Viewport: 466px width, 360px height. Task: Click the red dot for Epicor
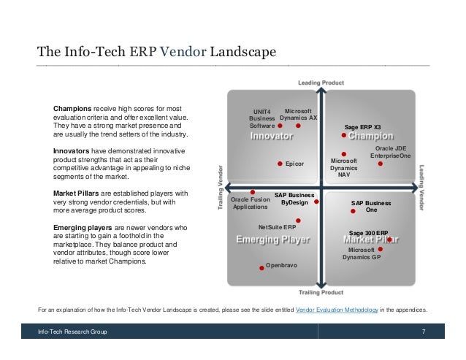(280, 164)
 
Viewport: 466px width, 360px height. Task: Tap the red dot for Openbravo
(262, 268)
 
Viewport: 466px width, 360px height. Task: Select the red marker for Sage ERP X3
(343, 135)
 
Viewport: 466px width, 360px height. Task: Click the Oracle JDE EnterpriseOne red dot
(381, 164)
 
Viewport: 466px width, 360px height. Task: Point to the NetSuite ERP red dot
(298, 219)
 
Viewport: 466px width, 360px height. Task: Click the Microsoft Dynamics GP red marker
(380, 249)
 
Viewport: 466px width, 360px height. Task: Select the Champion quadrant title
(371, 136)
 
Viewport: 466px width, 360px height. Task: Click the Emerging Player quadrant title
(272, 240)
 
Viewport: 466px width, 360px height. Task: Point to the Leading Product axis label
(321, 81)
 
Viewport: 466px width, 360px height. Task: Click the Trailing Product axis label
(321, 292)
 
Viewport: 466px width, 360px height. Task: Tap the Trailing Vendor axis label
(220, 188)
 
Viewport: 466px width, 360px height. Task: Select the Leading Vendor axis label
(421, 188)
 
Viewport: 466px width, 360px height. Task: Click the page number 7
(424, 332)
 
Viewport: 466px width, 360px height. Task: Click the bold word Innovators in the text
(72, 150)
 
